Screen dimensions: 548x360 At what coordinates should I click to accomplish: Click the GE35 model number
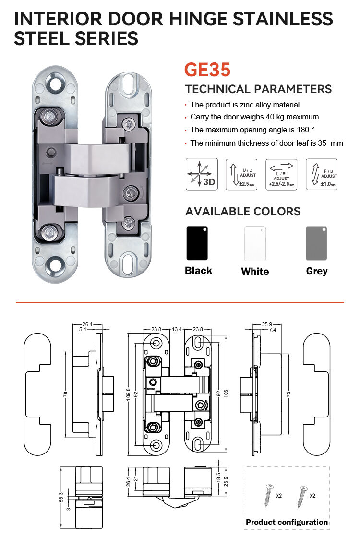pyautogui.click(x=207, y=70)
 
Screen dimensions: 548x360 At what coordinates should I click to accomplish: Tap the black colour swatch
pyautogui.click(x=197, y=243)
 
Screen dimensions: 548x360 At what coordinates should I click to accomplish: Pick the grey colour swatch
pyautogui.click(x=316, y=243)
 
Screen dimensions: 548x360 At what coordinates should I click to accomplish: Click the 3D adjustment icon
pyautogui.click(x=202, y=174)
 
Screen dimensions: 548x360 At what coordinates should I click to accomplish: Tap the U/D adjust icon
pyautogui.click(x=241, y=174)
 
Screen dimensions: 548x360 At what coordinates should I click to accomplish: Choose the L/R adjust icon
pyautogui.click(x=281, y=174)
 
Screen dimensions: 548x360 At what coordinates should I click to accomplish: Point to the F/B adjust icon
pyautogui.click(x=321, y=174)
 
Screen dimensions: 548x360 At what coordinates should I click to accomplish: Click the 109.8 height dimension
pyautogui.click(x=128, y=394)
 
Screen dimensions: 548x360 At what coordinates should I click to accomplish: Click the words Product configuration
pyautogui.click(x=287, y=522)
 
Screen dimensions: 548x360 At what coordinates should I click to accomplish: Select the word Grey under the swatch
pyautogui.click(x=316, y=271)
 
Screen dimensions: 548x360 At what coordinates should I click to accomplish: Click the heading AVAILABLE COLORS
pyautogui.click(x=243, y=212)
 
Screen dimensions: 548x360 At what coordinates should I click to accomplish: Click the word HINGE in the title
pyautogui.click(x=204, y=19)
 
